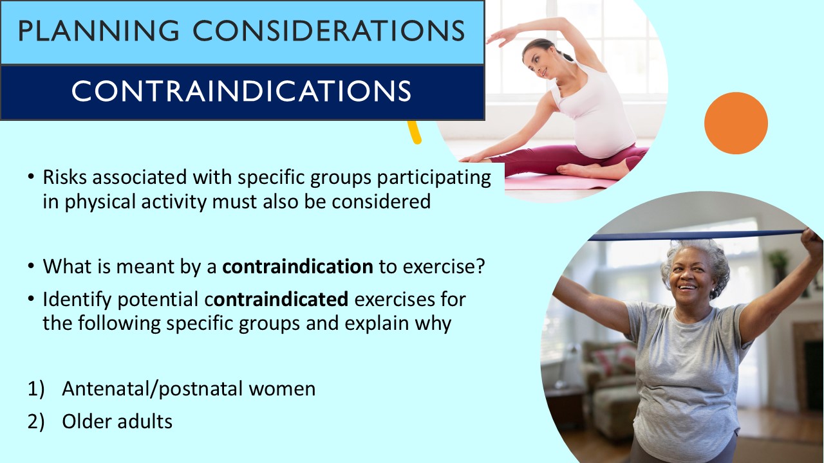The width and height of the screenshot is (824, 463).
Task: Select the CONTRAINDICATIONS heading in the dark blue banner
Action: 241,91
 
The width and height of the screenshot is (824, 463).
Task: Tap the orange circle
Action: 736,123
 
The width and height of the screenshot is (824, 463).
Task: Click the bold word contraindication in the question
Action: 297,267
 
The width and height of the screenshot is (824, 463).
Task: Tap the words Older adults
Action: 117,421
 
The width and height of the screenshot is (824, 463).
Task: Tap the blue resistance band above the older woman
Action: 695,235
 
